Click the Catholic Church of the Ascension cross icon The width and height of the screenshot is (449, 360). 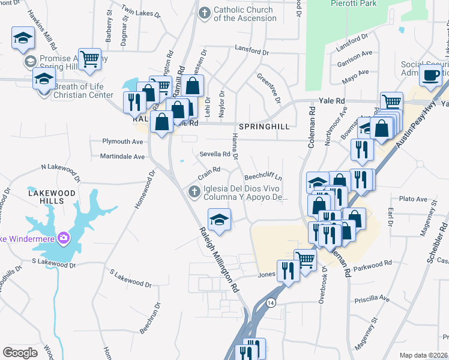pos(205,13)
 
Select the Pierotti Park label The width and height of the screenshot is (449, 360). pos(353,4)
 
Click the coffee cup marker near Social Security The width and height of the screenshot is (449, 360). pos(430,74)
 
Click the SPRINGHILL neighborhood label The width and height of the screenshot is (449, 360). pos(264,127)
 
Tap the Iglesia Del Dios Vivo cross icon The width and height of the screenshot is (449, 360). pos(194,191)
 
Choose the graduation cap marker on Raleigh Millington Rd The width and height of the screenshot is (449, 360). pos(219,218)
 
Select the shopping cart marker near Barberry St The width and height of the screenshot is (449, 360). pos(89,59)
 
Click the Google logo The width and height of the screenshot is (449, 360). pos(20,352)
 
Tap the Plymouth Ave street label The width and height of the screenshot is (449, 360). pos(123,142)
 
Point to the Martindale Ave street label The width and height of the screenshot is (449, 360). pos(122,157)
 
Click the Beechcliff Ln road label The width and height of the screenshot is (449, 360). pos(264,178)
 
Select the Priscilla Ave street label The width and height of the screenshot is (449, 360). pos(372,298)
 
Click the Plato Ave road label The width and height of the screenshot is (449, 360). pos(413,199)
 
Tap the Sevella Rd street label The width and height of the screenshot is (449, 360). pos(215,154)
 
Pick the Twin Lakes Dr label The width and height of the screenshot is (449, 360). pos(141,11)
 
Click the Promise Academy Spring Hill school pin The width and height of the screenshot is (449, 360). pos(29,61)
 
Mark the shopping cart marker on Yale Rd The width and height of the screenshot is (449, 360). pos(391,101)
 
